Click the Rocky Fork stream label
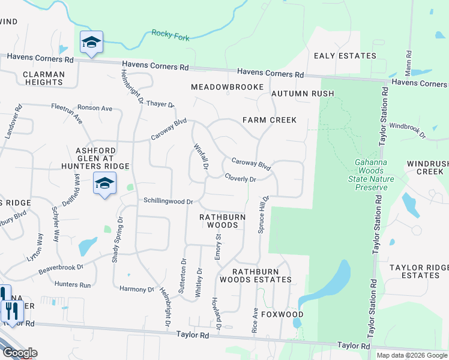click(170, 35)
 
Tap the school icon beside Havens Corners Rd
click(91, 42)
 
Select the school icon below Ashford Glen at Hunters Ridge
click(104, 184)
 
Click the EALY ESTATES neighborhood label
click(345, 56)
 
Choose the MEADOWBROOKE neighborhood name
click(227, 88)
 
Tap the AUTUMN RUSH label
click(303, 94)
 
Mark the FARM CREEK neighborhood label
click(270, 120)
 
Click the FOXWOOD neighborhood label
click(282, 314)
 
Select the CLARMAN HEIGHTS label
click(43, 79)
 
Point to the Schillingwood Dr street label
click(167, 202)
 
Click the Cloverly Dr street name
click(241, 178)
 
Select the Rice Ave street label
click(255, 321)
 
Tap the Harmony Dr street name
click(137, 289)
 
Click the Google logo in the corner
click(19, 353)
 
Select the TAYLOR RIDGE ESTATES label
click(418, 271)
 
